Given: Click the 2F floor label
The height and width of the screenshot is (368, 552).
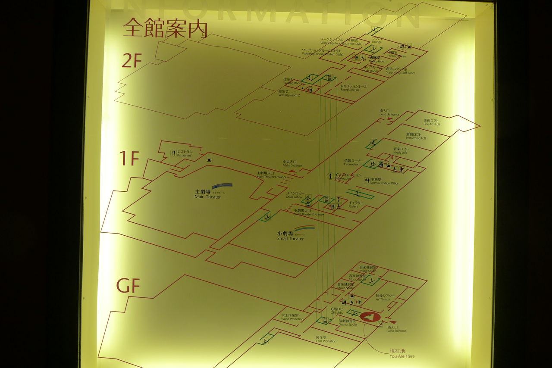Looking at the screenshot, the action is click(132, 60).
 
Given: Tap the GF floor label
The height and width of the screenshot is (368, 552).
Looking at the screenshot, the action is click(128, 285).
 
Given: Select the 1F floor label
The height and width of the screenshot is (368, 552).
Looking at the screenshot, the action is click(129, 159).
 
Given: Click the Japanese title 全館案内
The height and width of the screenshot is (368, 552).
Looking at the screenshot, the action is click(165, 28).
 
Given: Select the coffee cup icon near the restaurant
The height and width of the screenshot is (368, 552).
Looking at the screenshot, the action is click(209, 160).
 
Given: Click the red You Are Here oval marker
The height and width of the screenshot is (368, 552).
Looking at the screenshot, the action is click(370, 317).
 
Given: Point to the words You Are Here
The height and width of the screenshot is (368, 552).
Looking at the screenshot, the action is click(402, 356).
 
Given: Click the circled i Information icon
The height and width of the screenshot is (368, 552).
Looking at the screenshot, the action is click(330, 176).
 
